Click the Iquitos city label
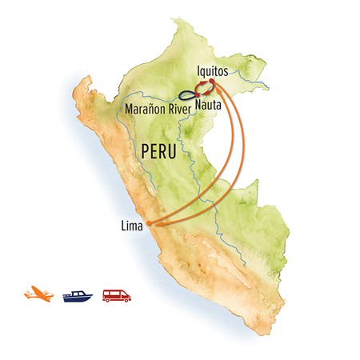(x=211, y=70)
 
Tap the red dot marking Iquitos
(x=211, y=82)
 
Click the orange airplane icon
(x=39, y=294)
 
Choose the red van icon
(x=116, y=294)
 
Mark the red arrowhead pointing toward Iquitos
(x=205, y=82)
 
